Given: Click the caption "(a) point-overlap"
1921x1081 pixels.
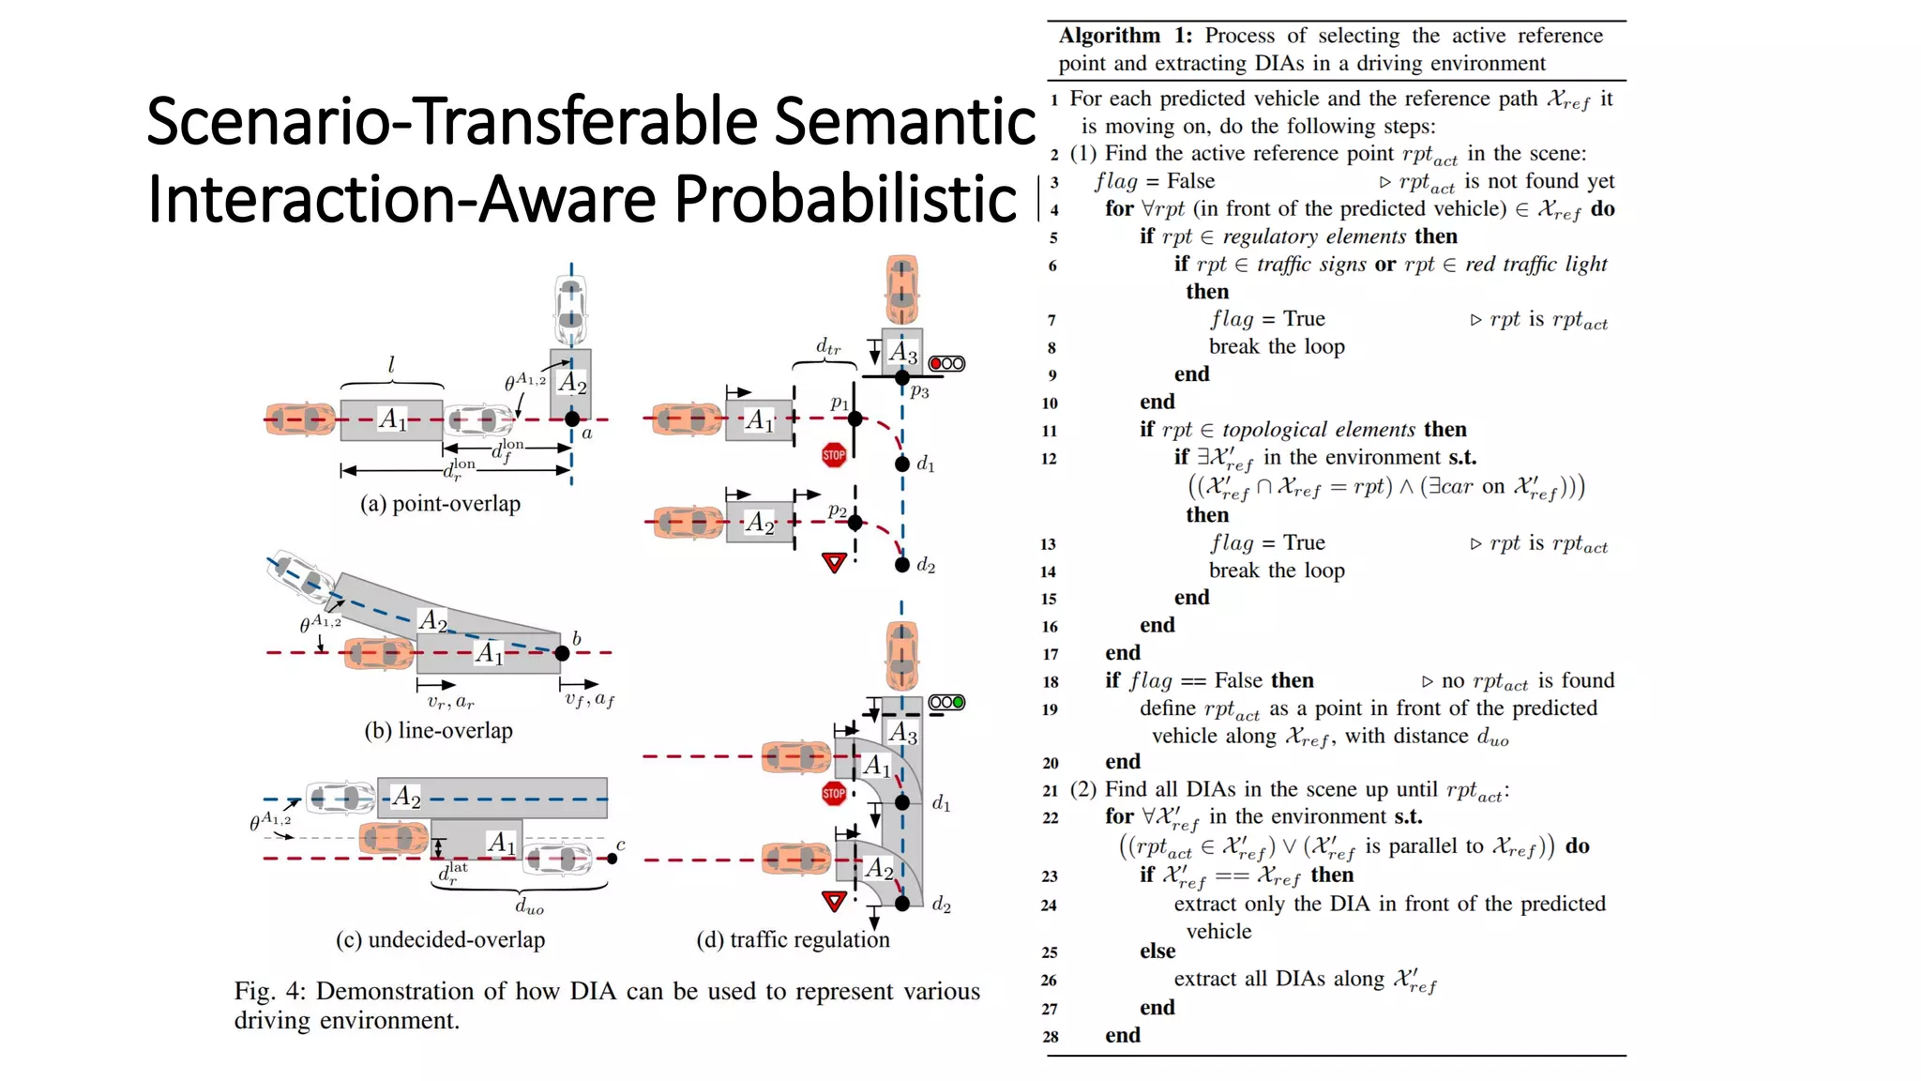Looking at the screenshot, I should click(440, 504).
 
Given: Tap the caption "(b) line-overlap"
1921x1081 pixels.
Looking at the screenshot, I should click(438, 731).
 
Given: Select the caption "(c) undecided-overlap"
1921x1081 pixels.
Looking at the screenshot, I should click(440, 939).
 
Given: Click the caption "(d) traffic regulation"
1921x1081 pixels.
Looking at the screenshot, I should click(793, 939).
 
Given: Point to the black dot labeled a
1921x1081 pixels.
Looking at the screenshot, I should click(571, 419).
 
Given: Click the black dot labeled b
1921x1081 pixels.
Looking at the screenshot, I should click(562, 653).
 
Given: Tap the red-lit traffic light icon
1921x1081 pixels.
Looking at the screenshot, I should click(946, 363).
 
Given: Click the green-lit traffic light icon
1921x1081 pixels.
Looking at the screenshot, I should click(946, 702).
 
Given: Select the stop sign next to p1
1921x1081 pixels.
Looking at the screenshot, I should click(834, 456).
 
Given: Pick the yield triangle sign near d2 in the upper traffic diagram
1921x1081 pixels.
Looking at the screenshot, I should click(834, 562).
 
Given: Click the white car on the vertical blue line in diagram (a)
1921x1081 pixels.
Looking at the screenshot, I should click(570, 308).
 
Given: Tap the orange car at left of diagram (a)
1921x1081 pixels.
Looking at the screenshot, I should click(300, 419).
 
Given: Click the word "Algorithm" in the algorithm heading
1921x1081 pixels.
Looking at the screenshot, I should click(1109, 36).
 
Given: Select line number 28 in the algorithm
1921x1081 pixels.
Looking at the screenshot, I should click(1051, 1037).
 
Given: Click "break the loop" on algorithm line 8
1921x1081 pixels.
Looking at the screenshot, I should click(1276, 346).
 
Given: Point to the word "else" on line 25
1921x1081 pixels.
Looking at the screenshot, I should click(1157, 951).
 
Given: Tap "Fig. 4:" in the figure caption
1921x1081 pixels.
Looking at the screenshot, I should click(269, 992).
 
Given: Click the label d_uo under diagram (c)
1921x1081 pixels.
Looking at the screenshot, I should click(529, 906).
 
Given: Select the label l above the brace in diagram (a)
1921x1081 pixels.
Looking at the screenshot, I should click(390, 364).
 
